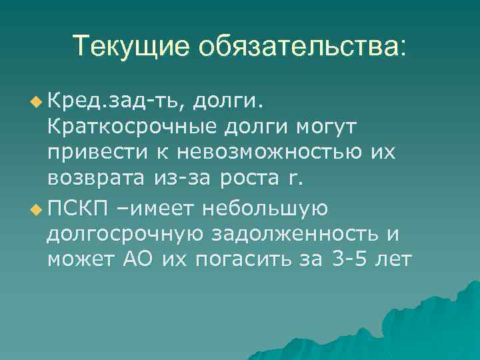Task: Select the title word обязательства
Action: pyautogui.click(x=301, y=46)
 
